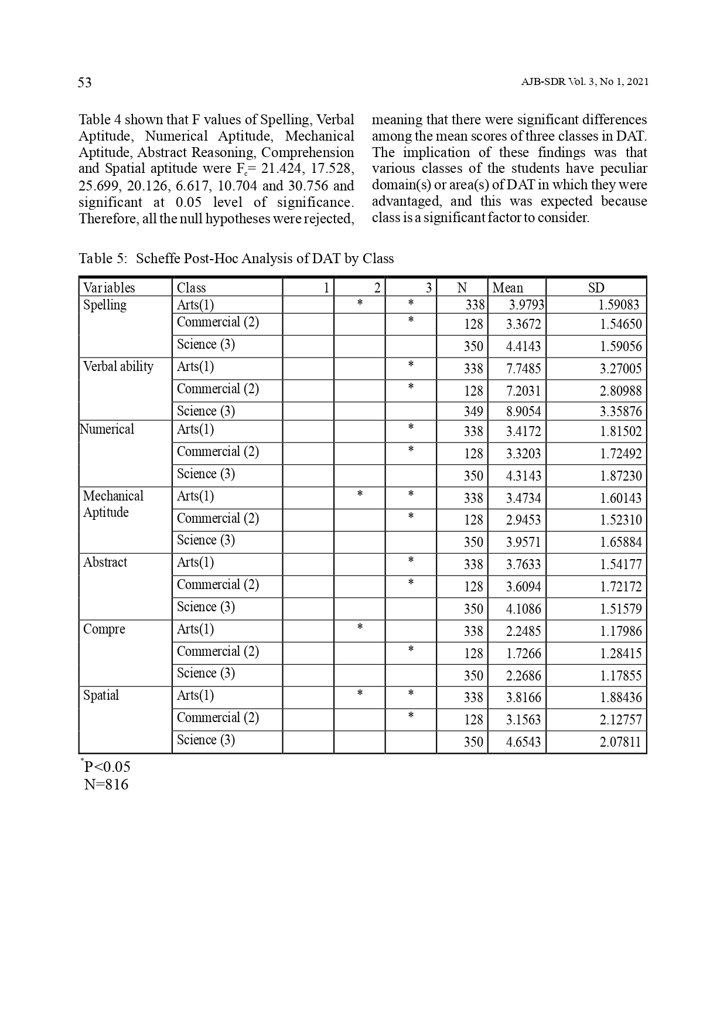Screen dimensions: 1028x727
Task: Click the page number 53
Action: [x=85, y=83]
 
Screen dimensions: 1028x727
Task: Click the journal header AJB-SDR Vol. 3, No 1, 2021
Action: [x=585, y=82]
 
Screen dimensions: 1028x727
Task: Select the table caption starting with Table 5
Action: [x=236, y=258]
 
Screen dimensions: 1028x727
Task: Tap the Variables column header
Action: [x=109, y=288]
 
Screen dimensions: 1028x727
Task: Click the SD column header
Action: [x=596, y=288]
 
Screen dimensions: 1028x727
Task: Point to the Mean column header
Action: [x=508, y=288]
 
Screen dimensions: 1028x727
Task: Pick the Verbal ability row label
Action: [x=118, y=367]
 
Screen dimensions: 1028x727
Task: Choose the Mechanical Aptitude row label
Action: [x=113, y=504]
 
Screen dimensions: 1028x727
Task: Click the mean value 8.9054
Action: [x=523, y=411]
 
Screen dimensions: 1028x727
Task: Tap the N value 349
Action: [x=473, y=411]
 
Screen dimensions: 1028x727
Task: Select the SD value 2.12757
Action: [x=620, y=720]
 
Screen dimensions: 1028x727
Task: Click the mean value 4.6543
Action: [x=523, y=742]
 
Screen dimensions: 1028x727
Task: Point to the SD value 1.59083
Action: [x=618, y=305]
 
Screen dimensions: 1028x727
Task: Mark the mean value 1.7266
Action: [x=523, y=653]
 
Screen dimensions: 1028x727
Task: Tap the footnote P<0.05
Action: [x=107, y=767]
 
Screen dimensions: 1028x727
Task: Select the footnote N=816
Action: [x=106, y=785]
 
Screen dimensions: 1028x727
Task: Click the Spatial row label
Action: [x=101, y=696]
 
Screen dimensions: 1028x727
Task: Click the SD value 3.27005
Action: [x=620, y=369]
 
